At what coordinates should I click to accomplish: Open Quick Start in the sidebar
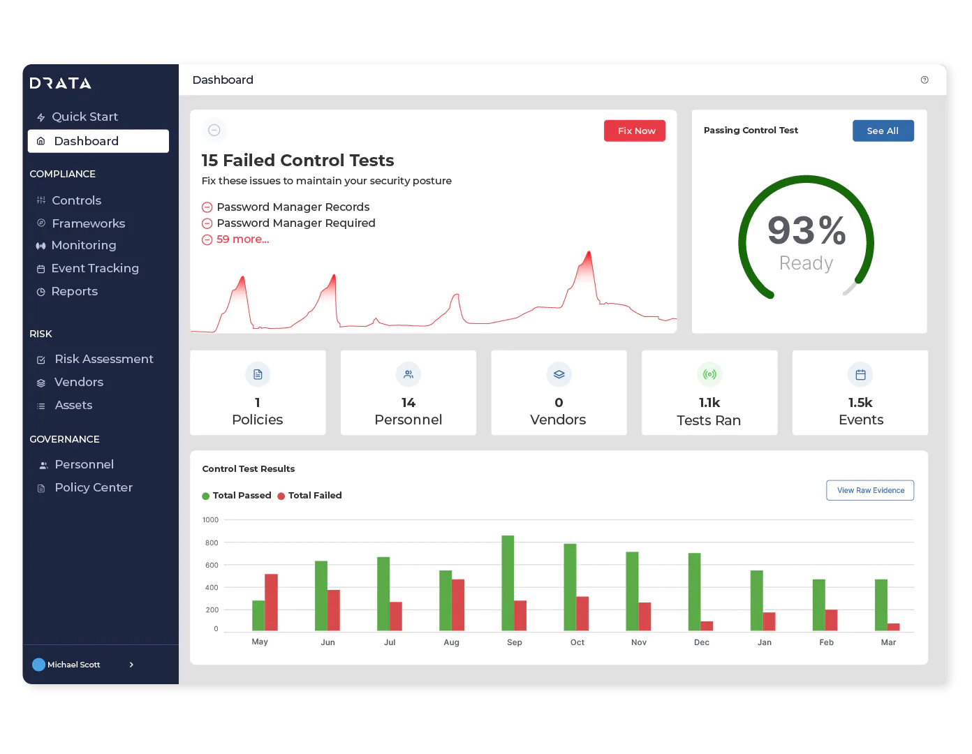(84, 117)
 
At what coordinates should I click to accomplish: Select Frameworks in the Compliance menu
(88, 223)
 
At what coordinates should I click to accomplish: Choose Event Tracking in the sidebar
(95, 268)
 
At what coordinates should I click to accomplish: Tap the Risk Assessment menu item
(103, 359)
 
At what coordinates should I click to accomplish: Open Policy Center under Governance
(94, 487)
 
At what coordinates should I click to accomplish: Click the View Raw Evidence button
(870, 490)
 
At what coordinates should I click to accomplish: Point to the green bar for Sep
(508, 583)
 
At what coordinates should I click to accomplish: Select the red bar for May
(271, 602)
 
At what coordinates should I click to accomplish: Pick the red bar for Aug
(458, 605)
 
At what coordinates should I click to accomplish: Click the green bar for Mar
(881, 605)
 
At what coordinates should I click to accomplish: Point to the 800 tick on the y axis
(212, 542)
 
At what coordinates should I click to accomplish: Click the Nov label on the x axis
(639, 642)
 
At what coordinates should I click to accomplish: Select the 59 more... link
(242, 239)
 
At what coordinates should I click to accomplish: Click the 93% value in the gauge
(807, 230)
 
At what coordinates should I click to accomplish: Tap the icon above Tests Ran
(709, 375)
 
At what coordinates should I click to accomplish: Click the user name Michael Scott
(73, 665)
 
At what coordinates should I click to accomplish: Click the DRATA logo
(61, 83)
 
